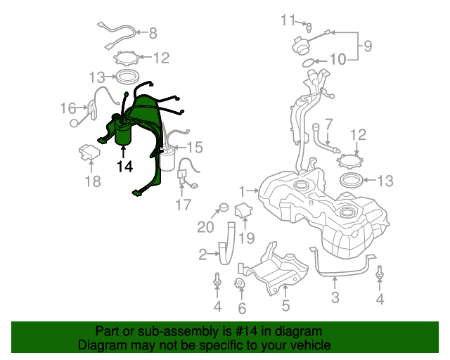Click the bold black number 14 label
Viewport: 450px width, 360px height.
[125, 167]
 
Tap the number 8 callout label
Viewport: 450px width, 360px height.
[153, 33]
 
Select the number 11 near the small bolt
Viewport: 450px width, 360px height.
[288, 20]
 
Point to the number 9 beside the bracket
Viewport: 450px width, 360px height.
[368, 46]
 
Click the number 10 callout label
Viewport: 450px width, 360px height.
[337, 60]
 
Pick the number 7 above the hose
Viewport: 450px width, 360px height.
[328, 124]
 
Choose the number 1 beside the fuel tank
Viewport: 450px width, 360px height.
[242, 191]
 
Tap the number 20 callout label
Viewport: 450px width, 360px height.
[205, 227]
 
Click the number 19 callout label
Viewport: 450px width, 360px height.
[247, 238]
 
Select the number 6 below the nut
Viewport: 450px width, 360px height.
[242, 309]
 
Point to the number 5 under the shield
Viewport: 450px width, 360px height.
[285, 305]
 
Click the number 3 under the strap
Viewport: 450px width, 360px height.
[335, 297]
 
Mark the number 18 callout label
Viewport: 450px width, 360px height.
[93, 181]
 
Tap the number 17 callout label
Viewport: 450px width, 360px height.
[183, 205]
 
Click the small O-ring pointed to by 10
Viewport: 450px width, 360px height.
[308, 63]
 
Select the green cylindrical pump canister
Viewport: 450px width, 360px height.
[123, 134]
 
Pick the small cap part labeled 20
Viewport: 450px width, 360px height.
[224, 207]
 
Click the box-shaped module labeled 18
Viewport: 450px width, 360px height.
[89, 152]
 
